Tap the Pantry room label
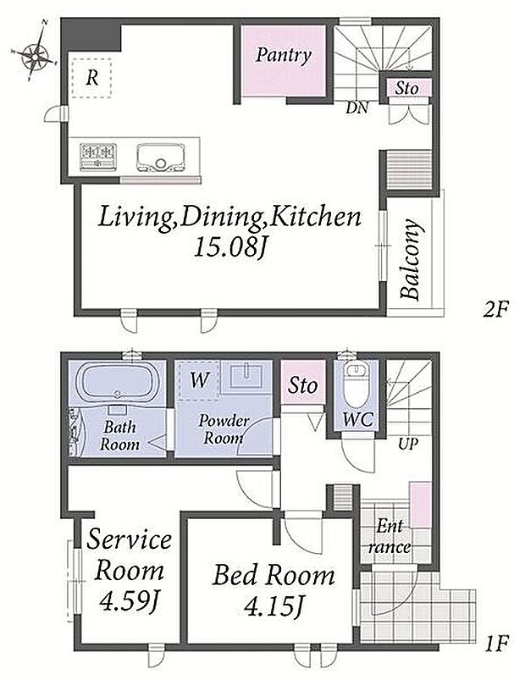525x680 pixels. (x=284, y=56)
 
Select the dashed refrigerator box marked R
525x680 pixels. (x=91, y=78)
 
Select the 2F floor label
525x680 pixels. (x=495, y=309)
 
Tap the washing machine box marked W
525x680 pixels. (x=199, y=380)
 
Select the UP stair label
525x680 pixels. (x=407, y=444)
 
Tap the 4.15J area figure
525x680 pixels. (x=273, y=605)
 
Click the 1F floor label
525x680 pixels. (x=495, y=644)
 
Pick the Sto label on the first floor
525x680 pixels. (x=302, y=385)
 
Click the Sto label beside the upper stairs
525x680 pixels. (x=406, y=88)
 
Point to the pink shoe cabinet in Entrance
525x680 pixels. (x=420, y=506)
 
